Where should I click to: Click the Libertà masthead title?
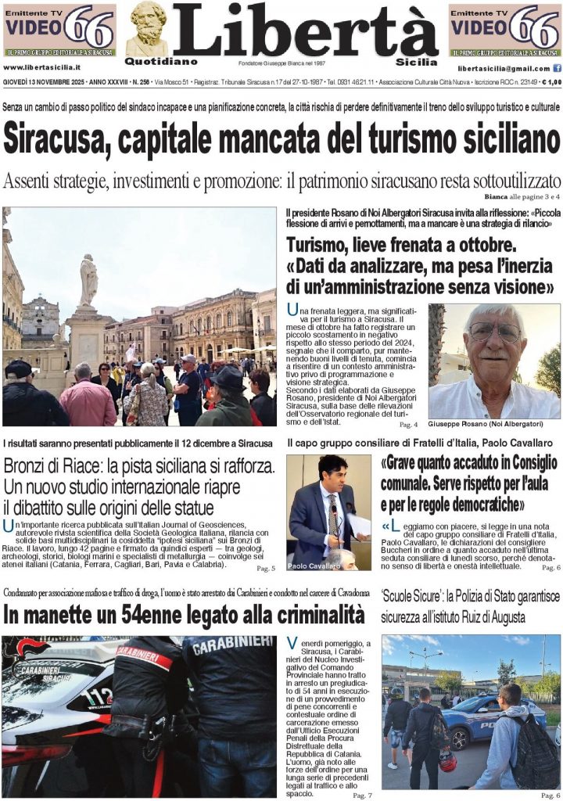pos(305,31)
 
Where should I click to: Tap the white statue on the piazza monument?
pos(88,281)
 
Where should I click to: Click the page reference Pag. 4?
pos(408,424)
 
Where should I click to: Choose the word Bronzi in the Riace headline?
pos(31,467)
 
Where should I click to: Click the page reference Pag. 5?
pos(266,567)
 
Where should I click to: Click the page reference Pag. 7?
pos(362,794)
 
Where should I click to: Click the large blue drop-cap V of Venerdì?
pos(292,643)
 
